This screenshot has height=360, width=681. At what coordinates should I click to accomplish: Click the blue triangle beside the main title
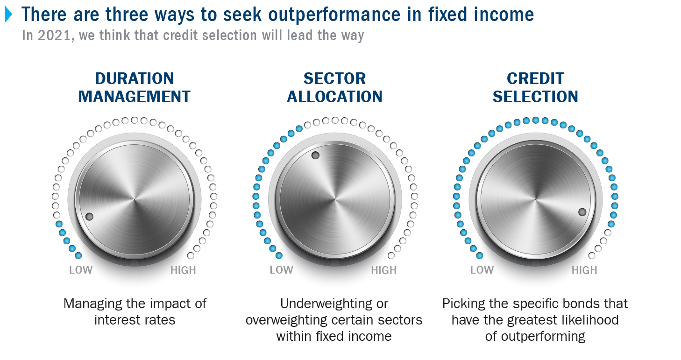pyautogui.click(x=8, y=14)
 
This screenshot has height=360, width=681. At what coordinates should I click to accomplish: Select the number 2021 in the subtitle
pyautogui.click(x=55, y=35)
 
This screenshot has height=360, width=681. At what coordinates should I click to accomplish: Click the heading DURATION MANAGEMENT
pyautogui.click(x=135, y=88)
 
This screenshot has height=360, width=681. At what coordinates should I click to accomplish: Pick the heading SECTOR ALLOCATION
pyautogui.click(x=334, y=88)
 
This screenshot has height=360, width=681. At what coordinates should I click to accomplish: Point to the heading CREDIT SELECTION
pyautogui.click(x=535, y=88)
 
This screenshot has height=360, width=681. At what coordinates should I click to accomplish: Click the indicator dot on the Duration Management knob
pyautogui.click(x=89, y=217)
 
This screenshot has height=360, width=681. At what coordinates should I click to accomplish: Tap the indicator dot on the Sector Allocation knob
pyautogui.click(x=316, y=155)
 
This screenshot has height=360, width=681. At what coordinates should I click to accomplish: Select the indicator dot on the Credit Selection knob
pyautogui.click(x=582, y=212)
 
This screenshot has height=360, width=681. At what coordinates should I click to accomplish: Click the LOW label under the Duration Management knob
pyautogui.click(x=81, y=270)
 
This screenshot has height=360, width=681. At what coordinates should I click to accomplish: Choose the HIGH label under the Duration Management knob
pyautogui.click(x=183, y=270)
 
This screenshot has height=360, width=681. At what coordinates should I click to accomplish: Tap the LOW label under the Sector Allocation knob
pyautogui.click(x=282, y=270)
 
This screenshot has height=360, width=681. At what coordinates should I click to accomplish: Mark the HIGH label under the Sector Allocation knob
pyautogui.click(x=383, y=270)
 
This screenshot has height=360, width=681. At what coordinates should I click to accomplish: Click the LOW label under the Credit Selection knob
pyautogui.click(x=482, y=270)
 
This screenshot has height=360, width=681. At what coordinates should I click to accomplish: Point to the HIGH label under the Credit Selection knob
pyautogui.click(x=584, y=270)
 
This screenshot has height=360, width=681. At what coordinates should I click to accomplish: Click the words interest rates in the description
pyautogui.click(x=135, y=320)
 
